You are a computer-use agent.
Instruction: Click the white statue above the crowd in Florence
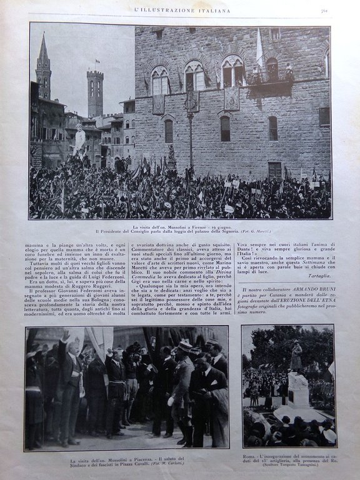(x=79, y=139)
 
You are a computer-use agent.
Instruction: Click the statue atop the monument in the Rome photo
(x=296, y=356)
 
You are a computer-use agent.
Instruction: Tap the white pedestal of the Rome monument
(x=298, y=391)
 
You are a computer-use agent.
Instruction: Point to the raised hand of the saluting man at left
(x=65, y=336)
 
